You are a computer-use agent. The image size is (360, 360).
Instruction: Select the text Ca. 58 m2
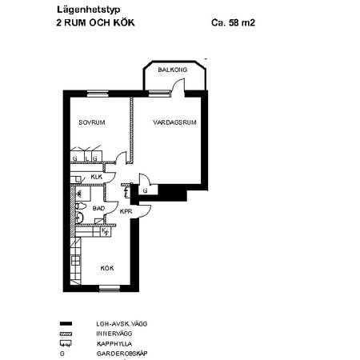coord(232,23)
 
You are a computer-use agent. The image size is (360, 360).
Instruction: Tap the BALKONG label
coord(173,70)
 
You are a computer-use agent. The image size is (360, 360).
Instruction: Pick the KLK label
coord(96,177)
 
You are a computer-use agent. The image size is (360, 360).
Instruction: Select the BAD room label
coord(98,208)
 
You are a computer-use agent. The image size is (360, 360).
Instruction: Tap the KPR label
coord(126,212)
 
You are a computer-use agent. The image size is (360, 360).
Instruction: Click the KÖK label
coord(107,269)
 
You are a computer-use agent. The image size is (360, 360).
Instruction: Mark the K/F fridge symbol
coord(105,231)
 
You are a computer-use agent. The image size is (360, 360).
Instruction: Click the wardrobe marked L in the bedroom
coord(85,158)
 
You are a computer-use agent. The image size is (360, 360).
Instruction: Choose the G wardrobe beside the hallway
coord(145,191)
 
